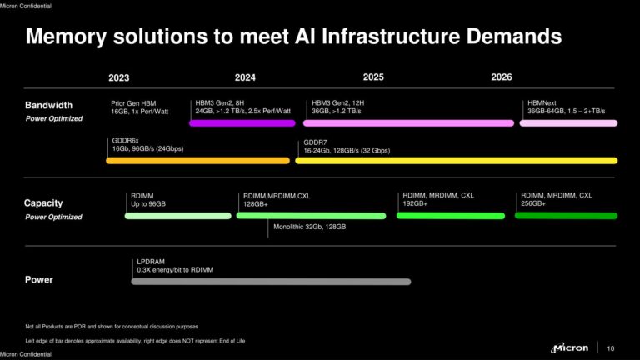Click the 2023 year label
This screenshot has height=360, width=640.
[118, 77]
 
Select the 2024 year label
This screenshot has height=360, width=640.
[245, 77]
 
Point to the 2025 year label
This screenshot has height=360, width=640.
[372, 77]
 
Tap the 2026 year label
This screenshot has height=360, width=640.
[501, 77]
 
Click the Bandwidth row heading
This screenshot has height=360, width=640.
[48, 106]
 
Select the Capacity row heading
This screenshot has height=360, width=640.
[43, 203]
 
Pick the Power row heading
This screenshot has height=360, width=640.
[38, 280]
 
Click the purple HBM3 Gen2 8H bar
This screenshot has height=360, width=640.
[242, 123]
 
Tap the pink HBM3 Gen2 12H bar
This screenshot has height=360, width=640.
[408, 123]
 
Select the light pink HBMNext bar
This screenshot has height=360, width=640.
[568, 123]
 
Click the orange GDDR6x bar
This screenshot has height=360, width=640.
[197, 161]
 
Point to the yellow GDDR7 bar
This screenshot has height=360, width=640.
[457, 161]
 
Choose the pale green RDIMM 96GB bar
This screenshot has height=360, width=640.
[177, 216]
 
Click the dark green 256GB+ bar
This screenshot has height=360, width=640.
[566, 216]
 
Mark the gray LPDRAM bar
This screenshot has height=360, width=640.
[271, 282]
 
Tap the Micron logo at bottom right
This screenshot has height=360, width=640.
[570, 347]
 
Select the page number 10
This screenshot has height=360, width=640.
[611, 348]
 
